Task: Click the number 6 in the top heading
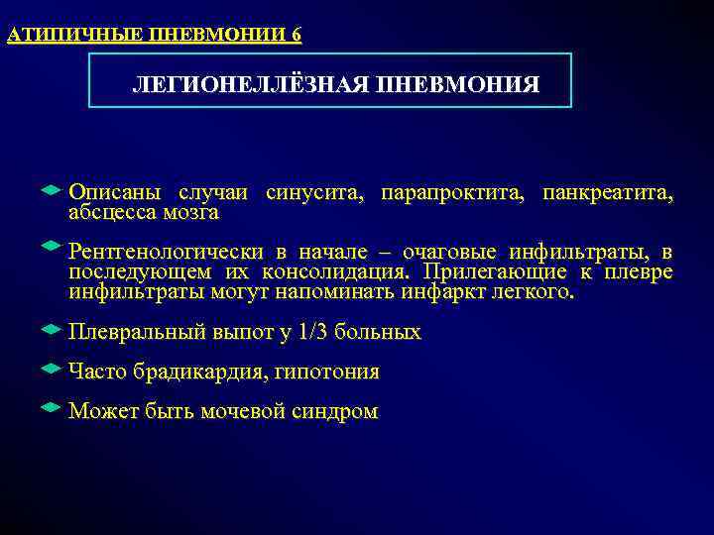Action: (x=297, y=36)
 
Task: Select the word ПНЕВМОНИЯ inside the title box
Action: (x=457, y=85)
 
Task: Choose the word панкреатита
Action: (x=608, y=193)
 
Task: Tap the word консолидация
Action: (x=334, y=272)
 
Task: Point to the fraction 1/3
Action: (x=312, y=333)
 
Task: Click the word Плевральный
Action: (x=138, y=333)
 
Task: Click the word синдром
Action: (x=335, y=412)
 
